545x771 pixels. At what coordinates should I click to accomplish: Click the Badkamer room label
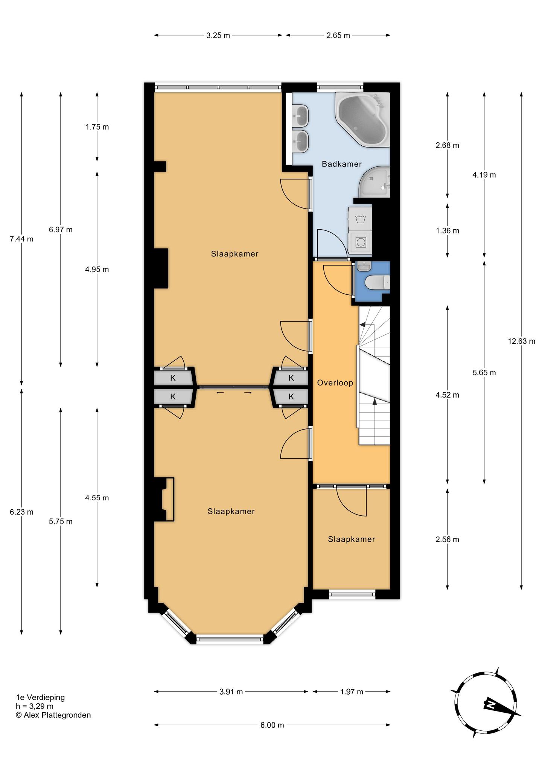[x=342, y=164]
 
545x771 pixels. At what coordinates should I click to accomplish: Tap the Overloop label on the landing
[x=335, y=383]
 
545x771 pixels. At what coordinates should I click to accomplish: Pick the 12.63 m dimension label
[x=521, y=341]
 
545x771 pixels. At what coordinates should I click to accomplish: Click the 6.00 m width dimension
[x=272, y=725]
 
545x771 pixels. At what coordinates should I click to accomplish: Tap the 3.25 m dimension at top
[x=218, y=35]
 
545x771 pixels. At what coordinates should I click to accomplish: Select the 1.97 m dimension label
[x=352, y=692]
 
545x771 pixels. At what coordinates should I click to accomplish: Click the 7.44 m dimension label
[x=21, y=239]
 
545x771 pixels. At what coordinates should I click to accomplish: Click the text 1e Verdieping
[x=40, y=697]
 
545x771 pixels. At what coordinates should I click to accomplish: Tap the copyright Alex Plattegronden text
[x=53, y=715]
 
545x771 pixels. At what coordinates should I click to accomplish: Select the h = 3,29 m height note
[x=34, y=706]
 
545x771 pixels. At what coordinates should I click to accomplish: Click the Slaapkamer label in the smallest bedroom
[x=352, y=539]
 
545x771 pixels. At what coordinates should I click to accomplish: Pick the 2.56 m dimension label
[x=447, y=539]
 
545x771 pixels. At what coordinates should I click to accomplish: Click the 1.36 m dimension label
[x=447, y=230]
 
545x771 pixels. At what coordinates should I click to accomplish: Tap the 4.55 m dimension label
[x=97, y=498]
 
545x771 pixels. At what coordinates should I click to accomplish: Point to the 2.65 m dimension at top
[x=338, y=35]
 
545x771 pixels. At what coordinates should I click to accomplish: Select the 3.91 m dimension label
[x=231, y=692]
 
